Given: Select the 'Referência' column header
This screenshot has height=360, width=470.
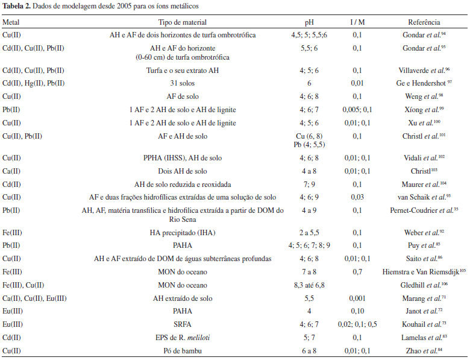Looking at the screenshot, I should [424, 22].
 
